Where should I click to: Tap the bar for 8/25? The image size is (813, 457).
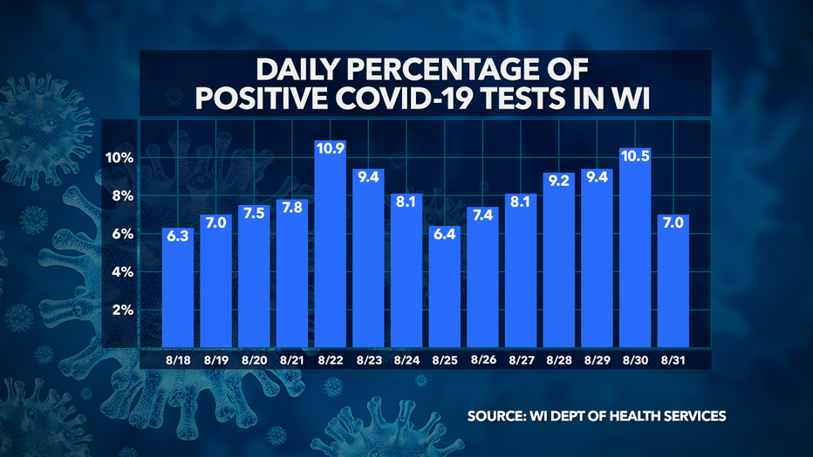[445, 288]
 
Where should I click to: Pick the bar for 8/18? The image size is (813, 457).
[178, 288]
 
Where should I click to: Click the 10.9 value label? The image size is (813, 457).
[331, 148]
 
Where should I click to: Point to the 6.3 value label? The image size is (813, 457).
[178, 235]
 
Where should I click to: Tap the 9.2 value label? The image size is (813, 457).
[559, 181]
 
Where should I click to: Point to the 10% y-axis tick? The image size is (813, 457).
[119, 158]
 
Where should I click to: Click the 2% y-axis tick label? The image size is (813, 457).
[121, 310]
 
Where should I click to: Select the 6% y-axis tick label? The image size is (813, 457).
[121, 234]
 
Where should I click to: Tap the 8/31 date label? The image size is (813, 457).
[673, 358]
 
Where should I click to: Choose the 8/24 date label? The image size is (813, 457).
[406, 358]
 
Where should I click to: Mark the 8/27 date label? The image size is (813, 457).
[521, 358]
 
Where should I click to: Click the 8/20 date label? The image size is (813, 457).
[255, 358]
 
